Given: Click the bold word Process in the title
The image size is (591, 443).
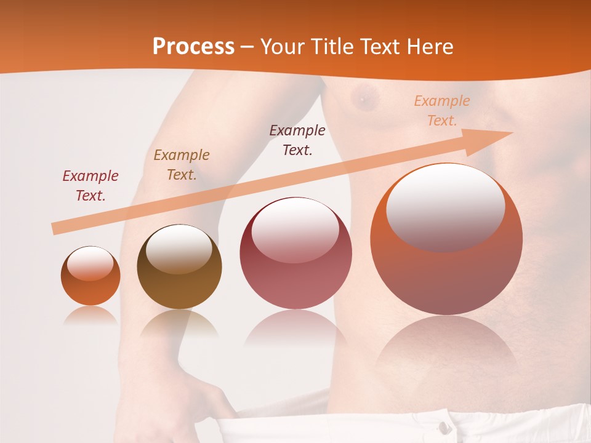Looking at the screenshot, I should pos(193,46).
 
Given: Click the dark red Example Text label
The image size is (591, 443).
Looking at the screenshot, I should pos(90,186).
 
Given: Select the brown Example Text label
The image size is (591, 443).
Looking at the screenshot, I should pos(182,165).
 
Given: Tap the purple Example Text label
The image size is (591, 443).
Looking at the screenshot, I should pos(297,140).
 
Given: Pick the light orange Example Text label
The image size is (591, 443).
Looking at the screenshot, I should pos(441,111).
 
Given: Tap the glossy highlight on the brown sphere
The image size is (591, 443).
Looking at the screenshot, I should pos(179,248).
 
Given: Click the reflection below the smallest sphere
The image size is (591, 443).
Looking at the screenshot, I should pos(90,316).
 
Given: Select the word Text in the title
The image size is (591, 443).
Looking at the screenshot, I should pos(378,47).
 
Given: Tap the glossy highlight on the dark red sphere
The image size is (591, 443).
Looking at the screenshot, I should pos(295,229).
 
